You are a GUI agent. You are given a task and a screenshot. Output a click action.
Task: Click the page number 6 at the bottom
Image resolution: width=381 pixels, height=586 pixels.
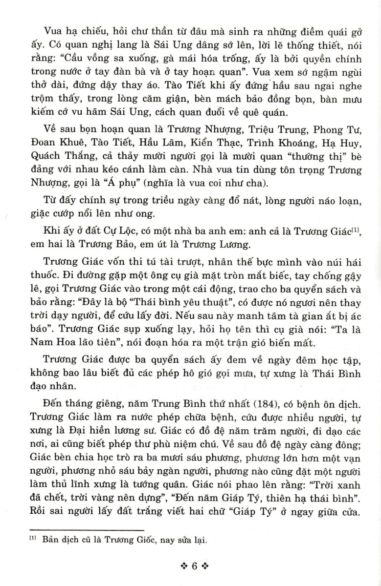194,567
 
